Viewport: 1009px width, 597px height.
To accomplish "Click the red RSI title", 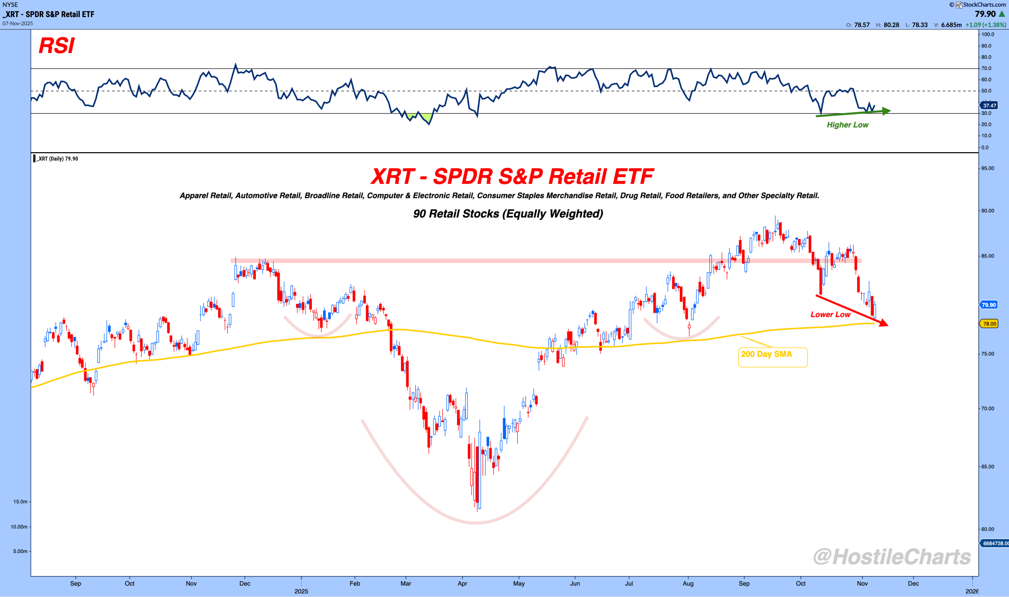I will coord(57,45).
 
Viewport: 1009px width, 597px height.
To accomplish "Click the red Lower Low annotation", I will coord(830,314).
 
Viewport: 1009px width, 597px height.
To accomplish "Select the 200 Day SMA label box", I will coord(772,357).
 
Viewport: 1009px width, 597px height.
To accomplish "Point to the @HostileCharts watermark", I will coord(892,557).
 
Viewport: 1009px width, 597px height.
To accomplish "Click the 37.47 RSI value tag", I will coord(989,105).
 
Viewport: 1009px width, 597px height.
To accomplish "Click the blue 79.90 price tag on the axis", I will coord(989,305).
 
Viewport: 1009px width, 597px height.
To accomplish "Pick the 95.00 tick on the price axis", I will coord(987,168).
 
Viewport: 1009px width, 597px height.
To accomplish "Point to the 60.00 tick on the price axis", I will coord(987,529).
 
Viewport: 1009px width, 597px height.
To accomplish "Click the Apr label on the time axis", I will coord(462,583).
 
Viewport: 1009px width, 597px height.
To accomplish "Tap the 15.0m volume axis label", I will coord(20,502).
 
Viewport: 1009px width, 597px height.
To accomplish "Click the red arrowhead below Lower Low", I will coord(883,323).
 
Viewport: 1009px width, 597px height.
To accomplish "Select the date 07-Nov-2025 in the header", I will coord(18,23).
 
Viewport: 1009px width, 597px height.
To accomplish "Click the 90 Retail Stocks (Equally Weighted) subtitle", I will coord(508,214).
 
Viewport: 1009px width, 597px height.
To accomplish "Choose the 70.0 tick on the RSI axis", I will coord(987,68).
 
